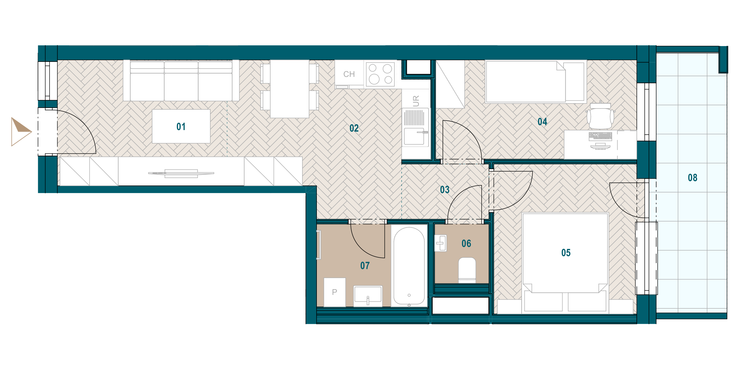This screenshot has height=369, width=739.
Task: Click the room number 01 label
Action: click(181, 127)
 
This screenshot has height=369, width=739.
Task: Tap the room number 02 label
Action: click(354, 128)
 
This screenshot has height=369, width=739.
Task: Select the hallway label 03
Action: click(445, 190)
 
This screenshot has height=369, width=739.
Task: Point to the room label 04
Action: click(543, 122)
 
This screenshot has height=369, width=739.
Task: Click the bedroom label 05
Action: click(566, 253)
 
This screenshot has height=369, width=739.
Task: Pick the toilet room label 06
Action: click(466, 244)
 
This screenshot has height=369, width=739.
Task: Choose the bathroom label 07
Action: click(365, 266)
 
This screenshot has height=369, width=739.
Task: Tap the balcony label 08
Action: click(693, 178)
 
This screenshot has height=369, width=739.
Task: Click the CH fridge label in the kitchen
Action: click(349, 74)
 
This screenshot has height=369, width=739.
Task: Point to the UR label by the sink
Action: click(416, 101)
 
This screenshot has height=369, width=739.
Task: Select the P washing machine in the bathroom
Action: click(335, 292)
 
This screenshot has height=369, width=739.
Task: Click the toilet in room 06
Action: click(467, 270)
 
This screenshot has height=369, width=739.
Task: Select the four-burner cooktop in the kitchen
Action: click(381, 74)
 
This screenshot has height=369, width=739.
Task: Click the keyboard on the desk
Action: click(600, 136)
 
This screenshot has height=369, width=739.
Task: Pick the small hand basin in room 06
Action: click(441, 243)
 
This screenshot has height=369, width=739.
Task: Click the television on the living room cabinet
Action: click(181, 174)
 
